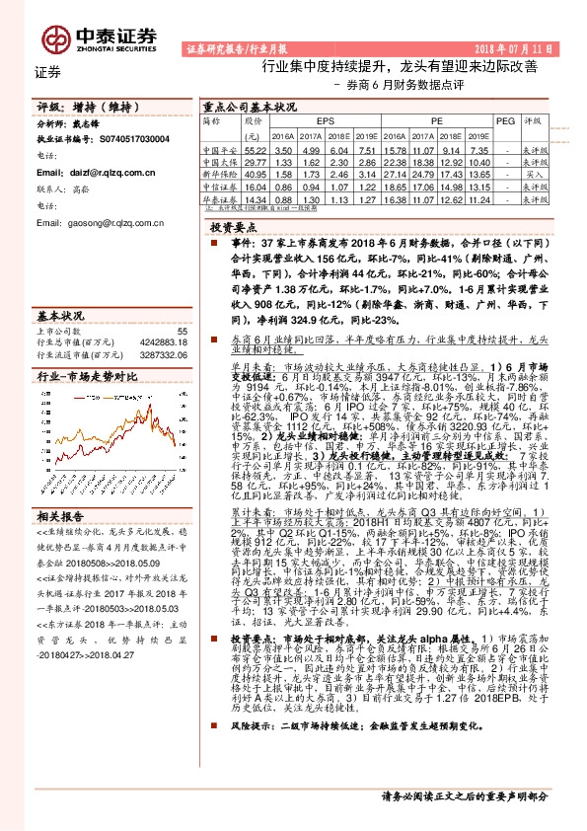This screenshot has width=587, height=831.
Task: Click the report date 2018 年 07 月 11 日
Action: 517,48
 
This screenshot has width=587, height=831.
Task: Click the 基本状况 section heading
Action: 60,316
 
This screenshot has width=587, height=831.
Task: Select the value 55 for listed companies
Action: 182,332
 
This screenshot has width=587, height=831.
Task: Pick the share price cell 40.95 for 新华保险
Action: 255,173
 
